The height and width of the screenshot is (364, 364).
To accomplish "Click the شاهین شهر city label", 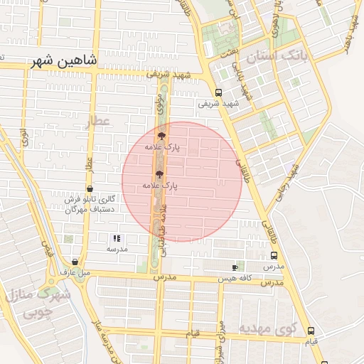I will [63, 62].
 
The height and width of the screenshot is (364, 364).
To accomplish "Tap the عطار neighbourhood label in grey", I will [99, 122].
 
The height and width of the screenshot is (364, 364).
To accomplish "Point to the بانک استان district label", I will [276, 55].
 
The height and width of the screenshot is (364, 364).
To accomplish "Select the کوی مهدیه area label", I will [267, 328].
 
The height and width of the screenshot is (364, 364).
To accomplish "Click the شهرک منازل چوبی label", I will [31, 302].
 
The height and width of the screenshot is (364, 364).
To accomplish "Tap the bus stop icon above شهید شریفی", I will [218, 92].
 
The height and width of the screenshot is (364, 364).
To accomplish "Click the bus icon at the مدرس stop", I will [274, 256].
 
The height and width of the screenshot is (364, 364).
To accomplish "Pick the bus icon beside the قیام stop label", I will [311, 331].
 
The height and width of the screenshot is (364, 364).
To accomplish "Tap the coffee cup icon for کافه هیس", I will [235, 267].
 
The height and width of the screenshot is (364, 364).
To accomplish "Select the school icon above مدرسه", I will [117, 238].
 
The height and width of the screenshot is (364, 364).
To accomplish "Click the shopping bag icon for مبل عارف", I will [75, 262].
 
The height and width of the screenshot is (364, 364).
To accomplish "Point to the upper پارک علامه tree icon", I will [162, 134].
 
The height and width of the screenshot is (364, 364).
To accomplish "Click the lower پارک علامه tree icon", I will [159, 173].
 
